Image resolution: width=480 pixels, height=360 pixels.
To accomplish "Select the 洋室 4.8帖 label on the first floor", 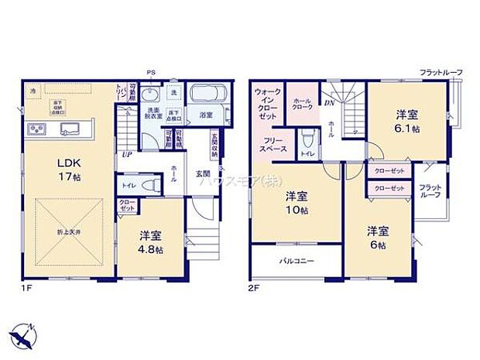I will [x=151, y=240].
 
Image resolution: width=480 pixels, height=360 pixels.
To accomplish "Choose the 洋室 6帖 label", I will [x=378, y=237].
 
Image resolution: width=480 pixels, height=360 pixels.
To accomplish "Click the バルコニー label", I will [x=296, y=262].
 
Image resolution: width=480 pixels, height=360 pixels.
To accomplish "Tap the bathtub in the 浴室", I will [x=207, y=96].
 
